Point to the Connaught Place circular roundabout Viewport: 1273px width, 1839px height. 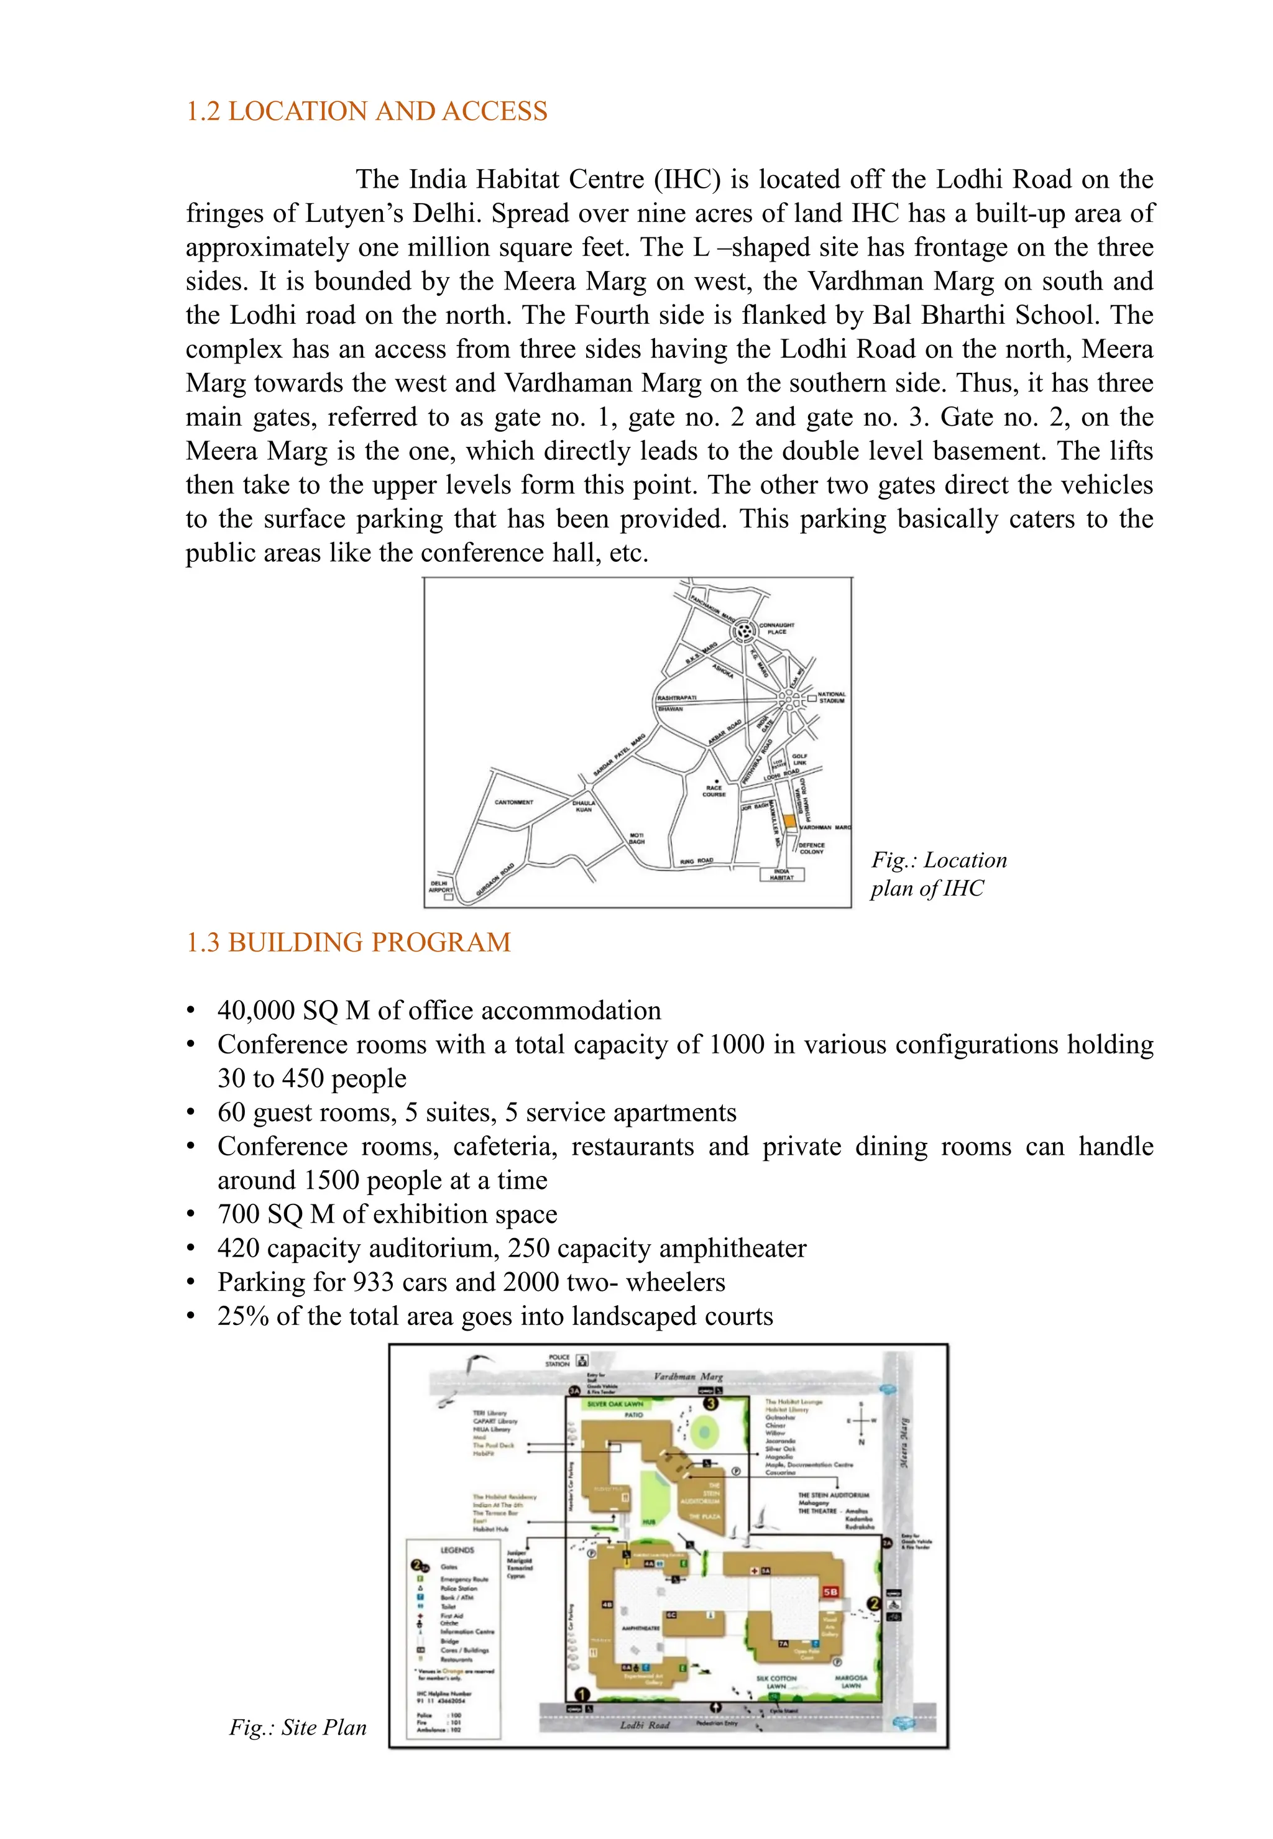(743, 631)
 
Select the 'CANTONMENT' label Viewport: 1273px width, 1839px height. (513, 802)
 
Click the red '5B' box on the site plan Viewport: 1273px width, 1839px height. (830, 1592)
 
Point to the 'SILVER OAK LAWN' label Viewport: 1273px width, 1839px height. (615, 1403)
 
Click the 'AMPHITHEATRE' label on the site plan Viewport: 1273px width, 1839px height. (640, 1628)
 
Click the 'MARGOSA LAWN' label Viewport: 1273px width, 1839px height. (851, 1682)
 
